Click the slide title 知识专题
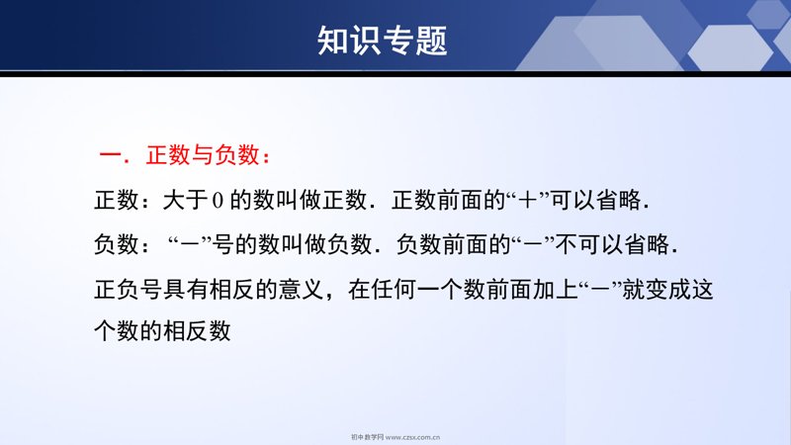pos(383,41)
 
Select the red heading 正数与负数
pos(203,155)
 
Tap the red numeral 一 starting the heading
pos(111,155)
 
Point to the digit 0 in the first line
pos(218,201)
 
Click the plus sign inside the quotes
pos(528,201)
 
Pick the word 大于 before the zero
pos(185,201)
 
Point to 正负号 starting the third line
pos(129,290)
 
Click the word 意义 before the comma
pos(301,290)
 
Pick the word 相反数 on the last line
pos(197,331)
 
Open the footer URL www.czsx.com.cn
pos(412,437)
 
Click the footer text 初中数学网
pos(367,437)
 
